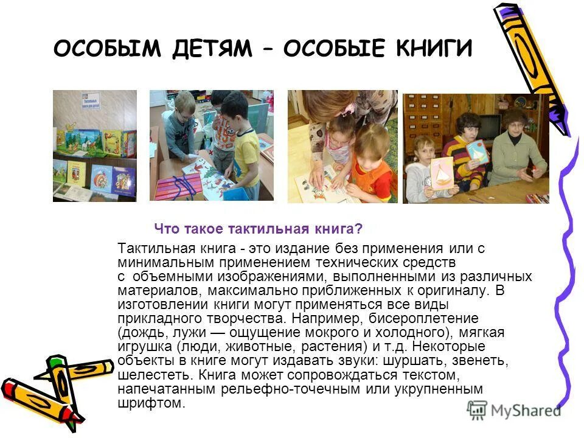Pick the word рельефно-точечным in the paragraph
tap(307, 388)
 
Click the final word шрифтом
tap(150, 403)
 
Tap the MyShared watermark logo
tap(514, 410)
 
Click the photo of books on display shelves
tap(94, 146)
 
